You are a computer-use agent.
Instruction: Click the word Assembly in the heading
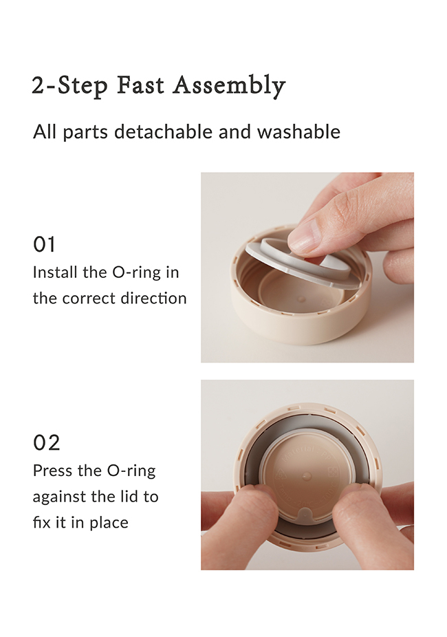click(230, 86)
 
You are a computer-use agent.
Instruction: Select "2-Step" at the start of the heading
click(70, 86)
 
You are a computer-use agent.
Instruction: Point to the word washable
click(298, 131)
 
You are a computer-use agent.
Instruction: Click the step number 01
click(44, 245)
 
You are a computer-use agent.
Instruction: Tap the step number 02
click(46, 443)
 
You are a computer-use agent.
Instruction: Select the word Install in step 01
click(55, 272)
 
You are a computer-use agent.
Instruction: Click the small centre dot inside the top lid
click(301, 299)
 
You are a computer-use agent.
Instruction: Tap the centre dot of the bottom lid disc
click(307, 476)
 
